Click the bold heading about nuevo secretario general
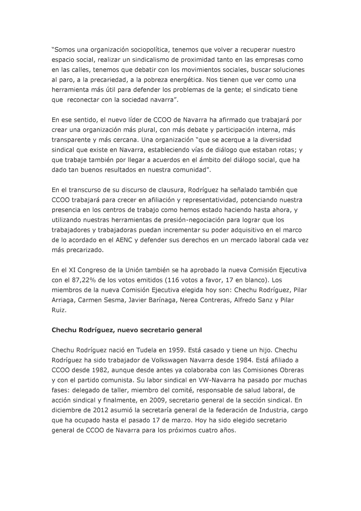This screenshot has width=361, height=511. tap(127, 330)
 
